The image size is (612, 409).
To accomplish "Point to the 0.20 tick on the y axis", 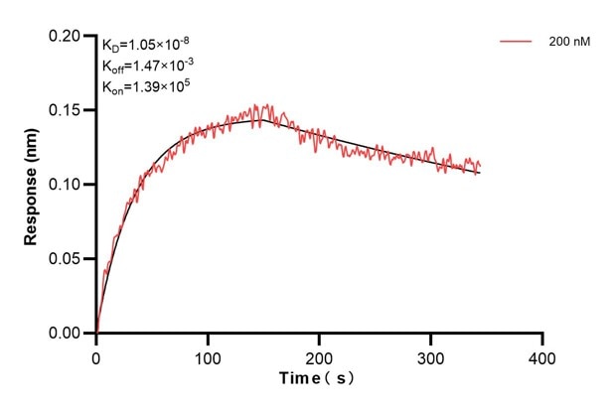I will pos(68,36).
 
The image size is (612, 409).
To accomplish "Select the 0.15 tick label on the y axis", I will pos(68,110).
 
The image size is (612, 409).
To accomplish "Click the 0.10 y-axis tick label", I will pos(68,185).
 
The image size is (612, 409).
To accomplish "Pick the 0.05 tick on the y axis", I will pos(68,259).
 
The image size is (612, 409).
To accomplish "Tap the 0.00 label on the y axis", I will pos(68,334).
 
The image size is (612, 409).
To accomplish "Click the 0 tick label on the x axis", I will pos(96,355).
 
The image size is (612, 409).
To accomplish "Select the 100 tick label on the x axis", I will pos(208,355).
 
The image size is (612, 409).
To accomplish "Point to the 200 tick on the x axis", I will pos(319,355).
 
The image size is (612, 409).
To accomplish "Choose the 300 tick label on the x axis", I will pos(430,355).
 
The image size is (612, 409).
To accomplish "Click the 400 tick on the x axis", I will pos(541,355).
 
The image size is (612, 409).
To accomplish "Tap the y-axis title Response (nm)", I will pos(31,185).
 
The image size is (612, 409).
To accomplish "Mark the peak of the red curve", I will pos(261,105).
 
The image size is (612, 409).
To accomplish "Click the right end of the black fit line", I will pos(479,174).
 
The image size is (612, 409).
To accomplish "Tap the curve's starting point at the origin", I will pos(96,333).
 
